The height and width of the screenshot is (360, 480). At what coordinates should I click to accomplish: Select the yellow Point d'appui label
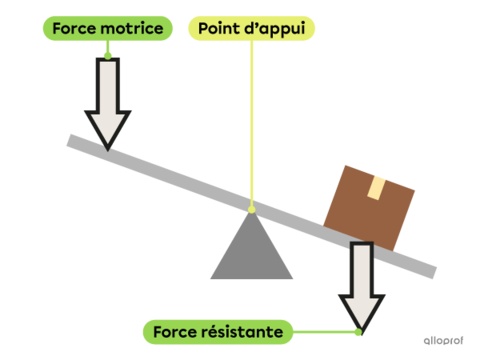(251, 27)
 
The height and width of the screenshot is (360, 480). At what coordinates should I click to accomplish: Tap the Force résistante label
(218, 331)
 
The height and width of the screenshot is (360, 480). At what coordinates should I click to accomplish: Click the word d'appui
(274, 27)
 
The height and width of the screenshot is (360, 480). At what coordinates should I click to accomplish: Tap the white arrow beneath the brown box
(360, 285)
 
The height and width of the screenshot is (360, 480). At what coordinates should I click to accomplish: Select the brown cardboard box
(369, 206)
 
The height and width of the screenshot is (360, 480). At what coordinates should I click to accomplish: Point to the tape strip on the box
(377, 188)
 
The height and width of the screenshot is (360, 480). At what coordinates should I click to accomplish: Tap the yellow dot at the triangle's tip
(251, 209)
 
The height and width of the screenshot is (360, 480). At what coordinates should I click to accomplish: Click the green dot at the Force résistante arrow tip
(357, 331)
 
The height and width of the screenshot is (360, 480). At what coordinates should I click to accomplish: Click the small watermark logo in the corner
(440, 340)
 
